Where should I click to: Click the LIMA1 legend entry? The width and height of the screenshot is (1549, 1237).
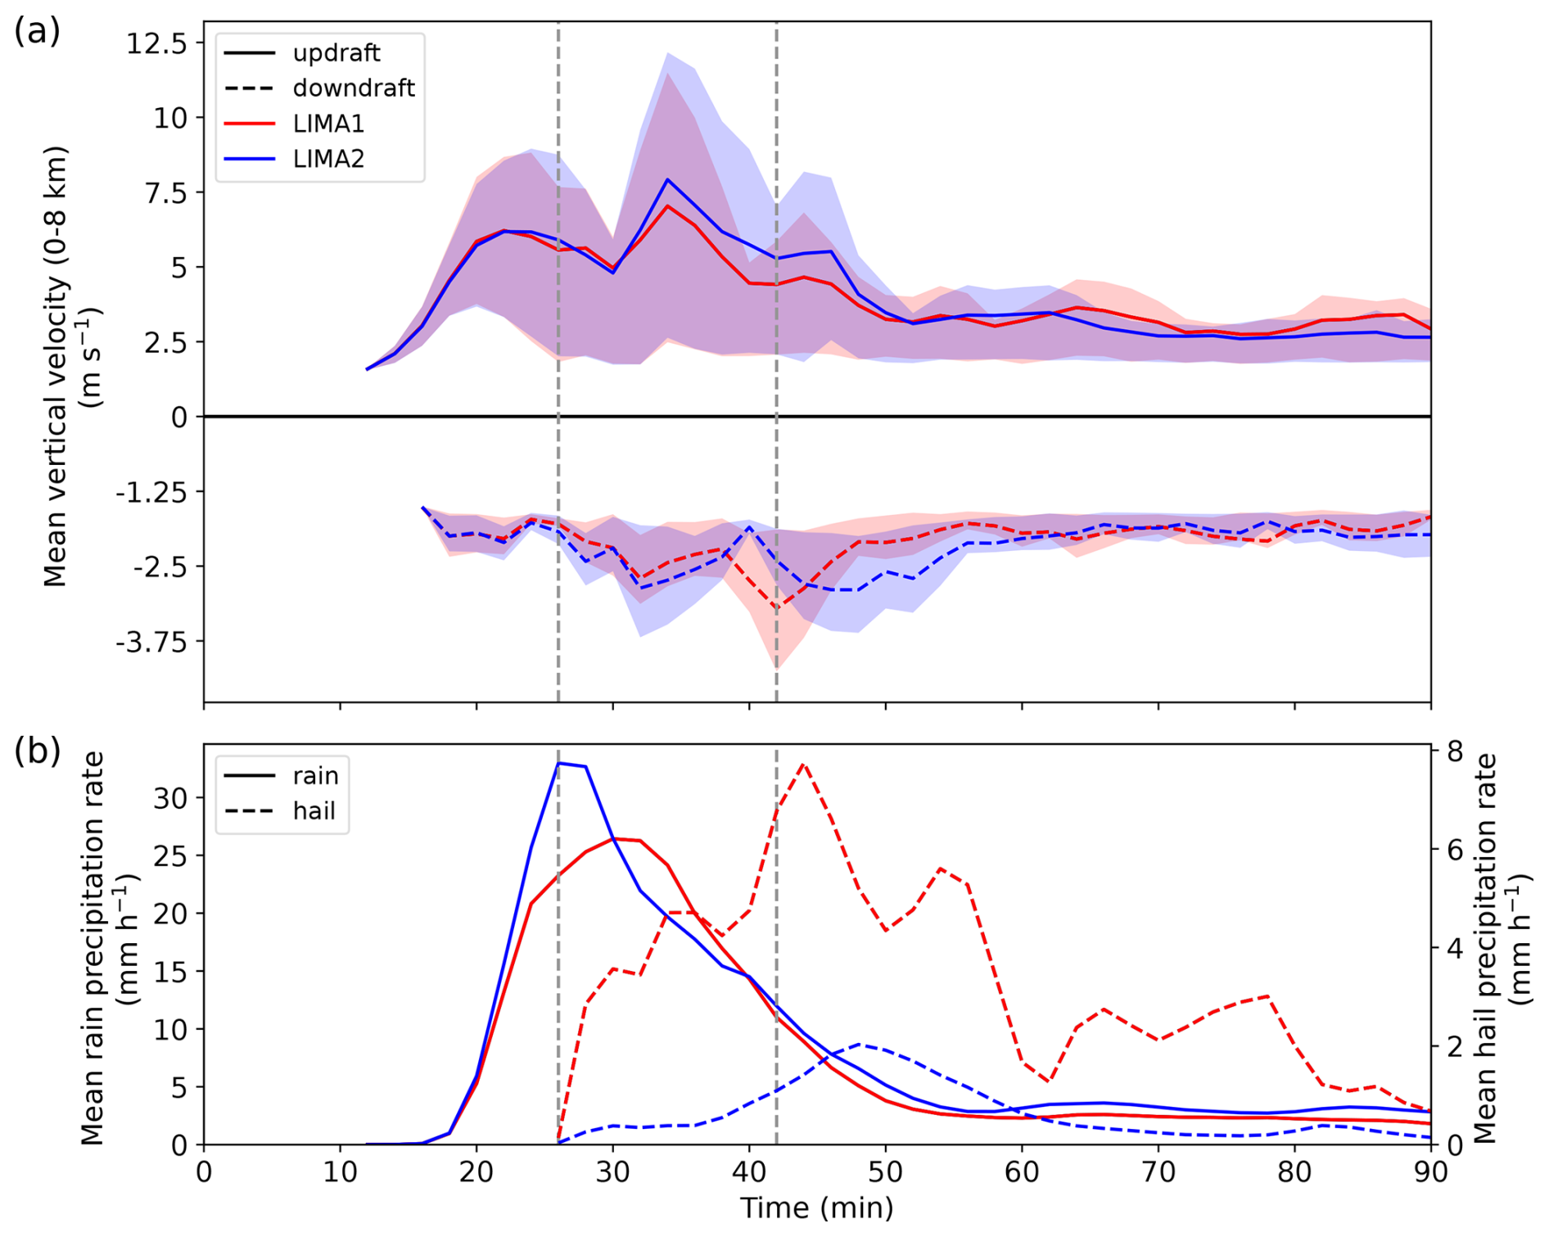click(x=328, y=124)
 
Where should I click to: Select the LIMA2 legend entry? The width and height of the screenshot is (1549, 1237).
click(x=328, y=159)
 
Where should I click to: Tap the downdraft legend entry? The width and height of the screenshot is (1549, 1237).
click(x=353, y=88)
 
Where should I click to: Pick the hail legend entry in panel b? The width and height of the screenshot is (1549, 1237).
click(x=314, y=810)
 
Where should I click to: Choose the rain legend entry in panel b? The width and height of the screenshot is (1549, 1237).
click(x=315, y=775)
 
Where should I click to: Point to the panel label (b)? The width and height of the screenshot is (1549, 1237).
click(x=37, y=751)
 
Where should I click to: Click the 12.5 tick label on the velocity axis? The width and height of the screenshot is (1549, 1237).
click(x=156, y=43)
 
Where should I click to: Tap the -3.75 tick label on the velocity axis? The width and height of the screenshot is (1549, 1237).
click(x=151, y=642)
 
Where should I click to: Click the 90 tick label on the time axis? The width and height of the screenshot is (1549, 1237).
click(x=1429, y=1172)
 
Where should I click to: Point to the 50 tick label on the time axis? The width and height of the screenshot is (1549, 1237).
click(x=885, y=1172)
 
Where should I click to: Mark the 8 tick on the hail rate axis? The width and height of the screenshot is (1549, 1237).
click(x=1455, y=752)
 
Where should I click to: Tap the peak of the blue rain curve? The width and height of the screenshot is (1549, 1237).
click(x=558, y=763)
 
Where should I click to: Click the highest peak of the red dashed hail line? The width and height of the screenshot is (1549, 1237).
click(x=803, y=764)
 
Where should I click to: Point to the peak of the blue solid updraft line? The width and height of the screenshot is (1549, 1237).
click(x=667, y=179)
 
